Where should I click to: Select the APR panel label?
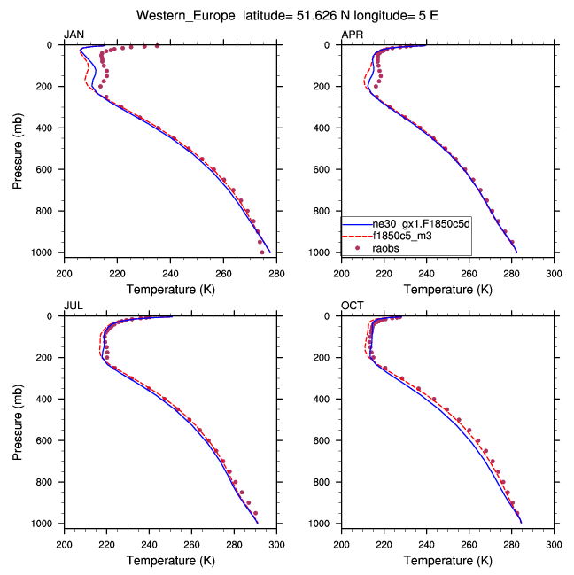click(x=352, y=35)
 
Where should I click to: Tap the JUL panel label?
click(x=72, y=306)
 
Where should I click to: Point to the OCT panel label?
click(x=352, y=306)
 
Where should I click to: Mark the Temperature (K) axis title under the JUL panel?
click(x=169, y=560)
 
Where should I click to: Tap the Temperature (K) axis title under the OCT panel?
click(x=447, y=560)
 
